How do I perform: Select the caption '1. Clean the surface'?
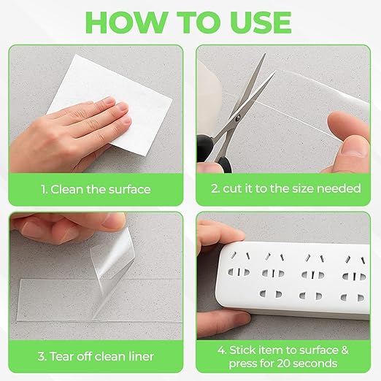click(x=96, y=189)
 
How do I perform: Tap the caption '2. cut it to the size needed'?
click(x=285, y=189)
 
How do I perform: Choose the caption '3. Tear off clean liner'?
click(x=96, y=357)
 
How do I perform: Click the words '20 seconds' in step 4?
click(x=306, y=363)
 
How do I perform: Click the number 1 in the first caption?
click(x=44, y=189)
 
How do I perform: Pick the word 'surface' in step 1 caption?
click(x=130, y=189)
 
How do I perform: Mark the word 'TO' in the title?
click(x=195, y=22)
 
